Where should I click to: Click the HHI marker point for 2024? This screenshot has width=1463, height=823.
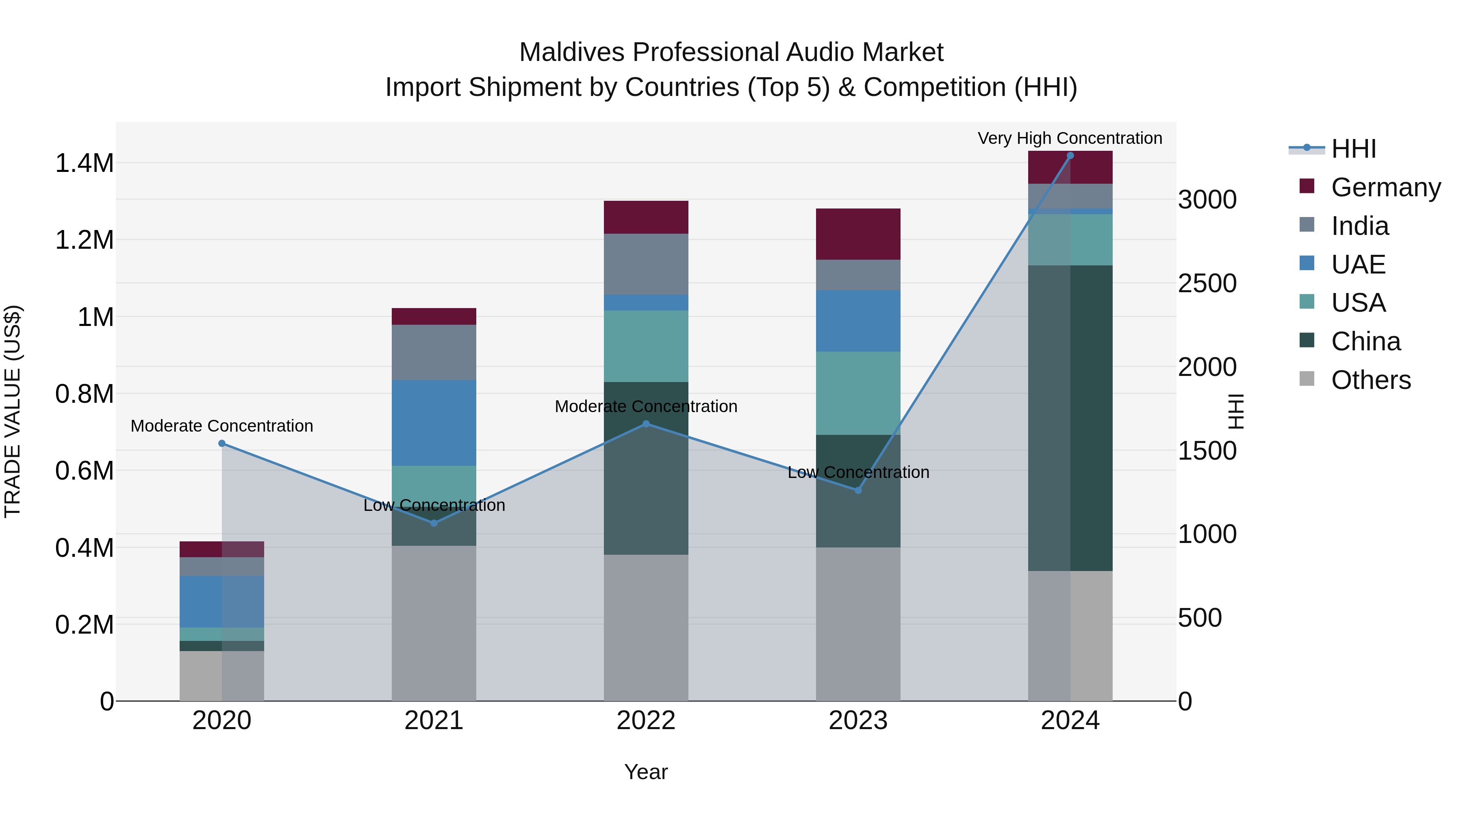point(1070,156)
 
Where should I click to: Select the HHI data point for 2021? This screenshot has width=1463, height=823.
point(434,523)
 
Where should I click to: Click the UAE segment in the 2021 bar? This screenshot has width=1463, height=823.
point(434,423)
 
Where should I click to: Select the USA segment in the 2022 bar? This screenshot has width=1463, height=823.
point(646,346)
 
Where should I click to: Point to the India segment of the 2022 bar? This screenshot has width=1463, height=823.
point(646,264)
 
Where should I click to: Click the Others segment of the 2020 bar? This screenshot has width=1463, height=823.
point(221,676)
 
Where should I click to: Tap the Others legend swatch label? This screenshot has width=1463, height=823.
point(1370,380)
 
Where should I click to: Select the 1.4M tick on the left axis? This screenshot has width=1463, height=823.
point(84,163)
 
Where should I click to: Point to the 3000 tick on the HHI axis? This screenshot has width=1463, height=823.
point(1207,200)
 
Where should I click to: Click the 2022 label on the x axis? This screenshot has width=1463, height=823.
point(646,721)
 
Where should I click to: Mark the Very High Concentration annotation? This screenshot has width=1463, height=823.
point(1070,139)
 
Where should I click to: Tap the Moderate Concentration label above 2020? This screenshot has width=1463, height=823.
point(221,426)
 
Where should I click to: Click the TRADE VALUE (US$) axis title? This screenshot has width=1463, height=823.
point(13,411)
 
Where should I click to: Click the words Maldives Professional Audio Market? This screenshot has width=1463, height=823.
point(731,52)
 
